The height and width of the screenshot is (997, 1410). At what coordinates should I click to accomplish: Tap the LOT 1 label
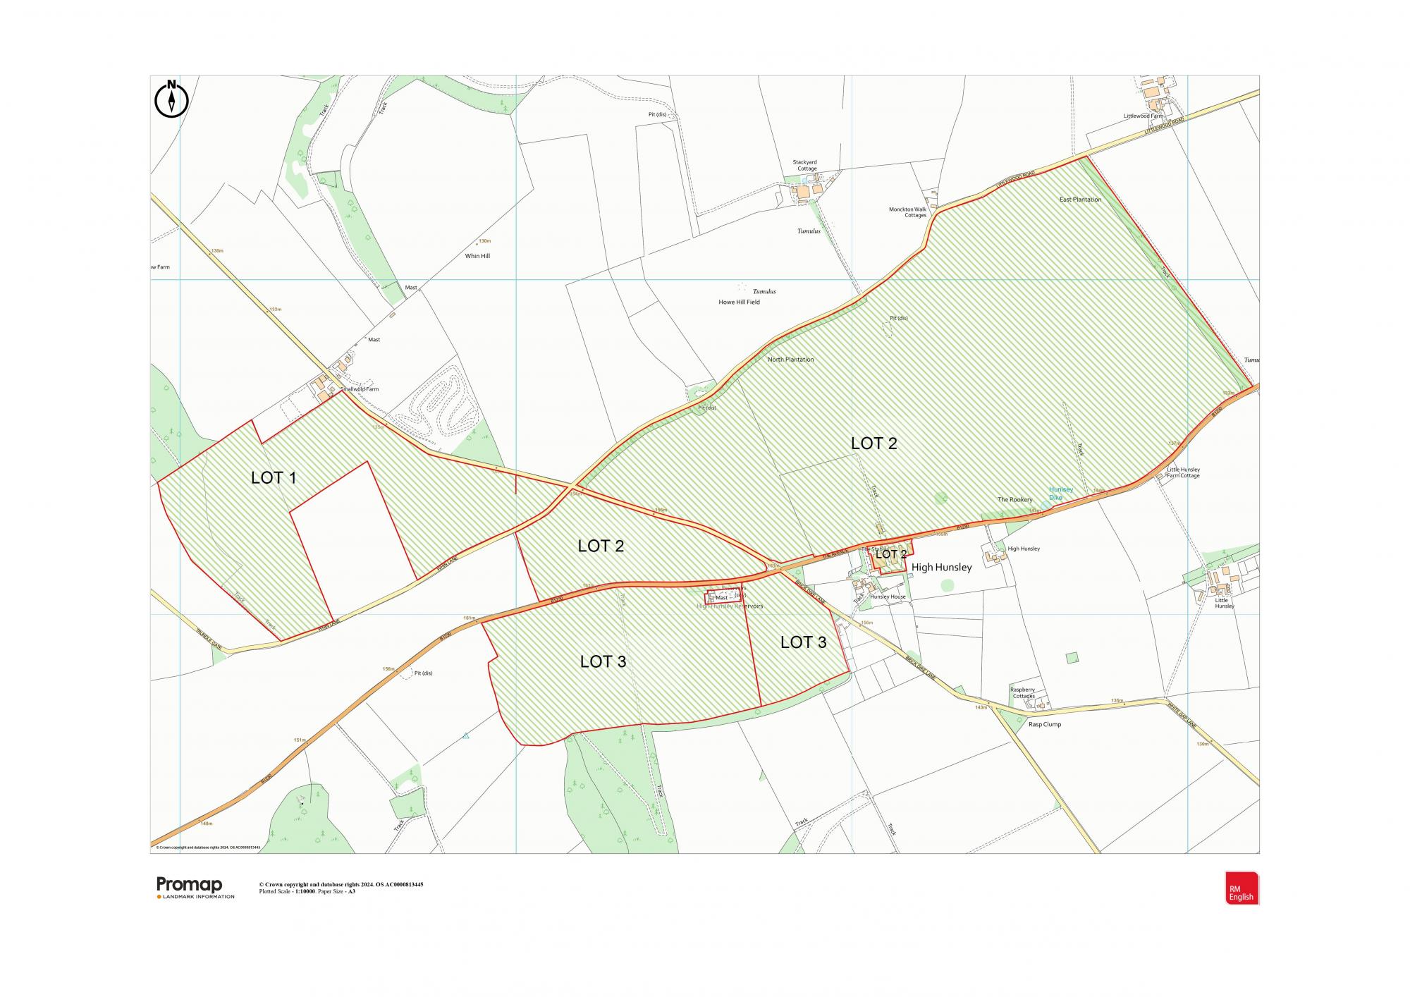click(274, 477)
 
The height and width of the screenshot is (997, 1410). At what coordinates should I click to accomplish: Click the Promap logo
click(190, 885)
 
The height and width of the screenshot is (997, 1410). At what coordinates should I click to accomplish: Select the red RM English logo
click(1242, 888)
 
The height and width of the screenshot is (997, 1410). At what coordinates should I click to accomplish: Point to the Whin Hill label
click(477, 256)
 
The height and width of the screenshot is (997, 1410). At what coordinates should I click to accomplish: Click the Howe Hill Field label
click(739, 302)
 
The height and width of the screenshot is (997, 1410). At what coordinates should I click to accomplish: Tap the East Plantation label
click(1080, 200)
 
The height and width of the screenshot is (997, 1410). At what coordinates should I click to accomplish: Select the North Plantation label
click(790, 360)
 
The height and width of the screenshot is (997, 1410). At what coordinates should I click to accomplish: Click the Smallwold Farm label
click(359, 389)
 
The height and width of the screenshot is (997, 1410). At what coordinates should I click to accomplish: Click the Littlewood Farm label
click(1143, 116)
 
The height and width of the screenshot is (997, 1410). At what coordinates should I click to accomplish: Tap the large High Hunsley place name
click(942, 567)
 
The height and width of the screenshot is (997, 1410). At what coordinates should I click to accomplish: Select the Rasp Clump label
click(1044, 724)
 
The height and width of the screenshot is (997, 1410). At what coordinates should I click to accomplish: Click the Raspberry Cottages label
click(1023, 692)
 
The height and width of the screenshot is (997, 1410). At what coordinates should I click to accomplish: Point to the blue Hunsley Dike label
click(1060, 493)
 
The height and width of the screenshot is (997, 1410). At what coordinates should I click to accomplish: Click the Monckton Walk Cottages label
click(908, 212)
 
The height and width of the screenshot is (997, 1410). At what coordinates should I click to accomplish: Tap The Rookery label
click(1014, 500)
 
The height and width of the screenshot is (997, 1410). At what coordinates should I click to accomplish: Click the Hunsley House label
click(888, 597)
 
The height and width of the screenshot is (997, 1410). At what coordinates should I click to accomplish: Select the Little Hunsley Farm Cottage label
click(1183, 472)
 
